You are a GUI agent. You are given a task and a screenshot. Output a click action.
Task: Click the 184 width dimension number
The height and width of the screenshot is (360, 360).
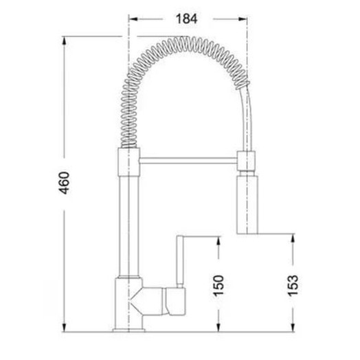point(186,19)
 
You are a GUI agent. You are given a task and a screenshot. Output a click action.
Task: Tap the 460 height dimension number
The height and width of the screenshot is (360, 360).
point(64,183)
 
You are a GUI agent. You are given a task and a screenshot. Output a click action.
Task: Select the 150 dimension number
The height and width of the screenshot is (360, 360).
point(218,285)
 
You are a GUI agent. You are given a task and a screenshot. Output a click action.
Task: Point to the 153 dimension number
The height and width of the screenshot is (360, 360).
point(293,285)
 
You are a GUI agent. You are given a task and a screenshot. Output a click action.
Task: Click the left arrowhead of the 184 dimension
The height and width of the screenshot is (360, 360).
point(133,19)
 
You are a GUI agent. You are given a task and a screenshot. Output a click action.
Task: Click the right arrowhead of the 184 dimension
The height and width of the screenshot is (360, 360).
point(243,19)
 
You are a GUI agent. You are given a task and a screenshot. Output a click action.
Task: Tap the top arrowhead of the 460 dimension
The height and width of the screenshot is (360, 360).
point(65,41)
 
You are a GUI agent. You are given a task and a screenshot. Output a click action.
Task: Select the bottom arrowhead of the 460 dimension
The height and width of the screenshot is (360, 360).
point(65,328)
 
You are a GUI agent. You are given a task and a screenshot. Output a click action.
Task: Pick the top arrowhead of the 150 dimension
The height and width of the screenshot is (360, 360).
point(218,241)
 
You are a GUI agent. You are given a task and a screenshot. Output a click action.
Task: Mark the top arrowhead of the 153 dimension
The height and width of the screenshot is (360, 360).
point(293,238)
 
